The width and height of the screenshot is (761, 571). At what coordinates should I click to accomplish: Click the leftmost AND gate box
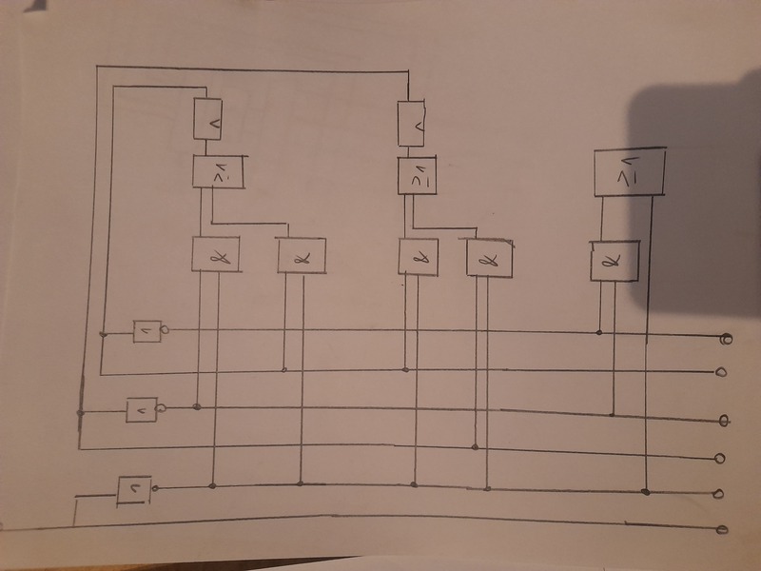coord(215,252)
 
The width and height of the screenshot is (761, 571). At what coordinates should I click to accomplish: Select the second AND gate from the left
coord(302,254)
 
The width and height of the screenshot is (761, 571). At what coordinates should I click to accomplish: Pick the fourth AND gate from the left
coord(490,257)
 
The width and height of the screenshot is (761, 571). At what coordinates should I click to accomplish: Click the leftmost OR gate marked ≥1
coord(218,172)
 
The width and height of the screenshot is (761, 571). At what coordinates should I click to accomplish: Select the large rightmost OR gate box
coord(629,172)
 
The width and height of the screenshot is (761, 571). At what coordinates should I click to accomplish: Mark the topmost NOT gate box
coord(146,330)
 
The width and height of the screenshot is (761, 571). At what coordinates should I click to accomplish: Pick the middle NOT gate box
coord(141,409)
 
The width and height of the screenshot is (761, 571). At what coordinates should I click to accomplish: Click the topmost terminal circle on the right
coord(726,339)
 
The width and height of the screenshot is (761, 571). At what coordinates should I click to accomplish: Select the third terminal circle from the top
coord(724,420)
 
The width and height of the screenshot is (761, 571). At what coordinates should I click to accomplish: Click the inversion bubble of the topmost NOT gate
coord(166,330)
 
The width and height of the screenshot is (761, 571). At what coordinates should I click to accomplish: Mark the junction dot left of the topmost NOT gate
coord(103,333)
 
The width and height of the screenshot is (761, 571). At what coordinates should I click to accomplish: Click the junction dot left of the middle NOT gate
coord(81,412)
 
